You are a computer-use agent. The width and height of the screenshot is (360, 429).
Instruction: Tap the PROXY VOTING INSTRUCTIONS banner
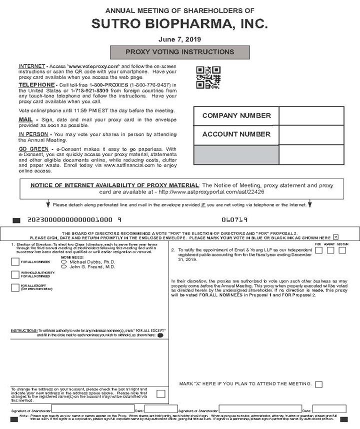coord(179,52)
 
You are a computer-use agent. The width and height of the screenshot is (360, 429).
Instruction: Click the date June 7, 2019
coord(179,39)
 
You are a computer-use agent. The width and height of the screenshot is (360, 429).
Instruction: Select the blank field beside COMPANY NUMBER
coord(311,116)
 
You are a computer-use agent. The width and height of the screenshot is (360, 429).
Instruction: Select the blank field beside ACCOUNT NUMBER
coord(311,134)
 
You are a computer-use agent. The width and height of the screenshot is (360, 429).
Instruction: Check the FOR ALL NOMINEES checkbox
coord(15,261)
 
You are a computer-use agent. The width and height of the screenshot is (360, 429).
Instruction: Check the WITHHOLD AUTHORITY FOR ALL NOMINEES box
coord(15,274)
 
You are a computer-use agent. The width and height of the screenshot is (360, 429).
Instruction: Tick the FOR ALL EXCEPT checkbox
coord(15,287)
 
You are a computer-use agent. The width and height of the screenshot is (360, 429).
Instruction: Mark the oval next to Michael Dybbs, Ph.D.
coord(64,261)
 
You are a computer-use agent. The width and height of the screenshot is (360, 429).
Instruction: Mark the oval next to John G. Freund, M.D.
coord(64,267)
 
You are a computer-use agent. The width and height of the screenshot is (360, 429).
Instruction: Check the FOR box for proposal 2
coord(318,250)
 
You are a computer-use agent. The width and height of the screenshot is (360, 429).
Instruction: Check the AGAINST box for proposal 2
coord(330,250)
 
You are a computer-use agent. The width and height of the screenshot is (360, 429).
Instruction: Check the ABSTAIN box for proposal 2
coord(342,250)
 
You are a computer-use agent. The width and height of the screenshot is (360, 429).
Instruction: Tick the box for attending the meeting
coord(318,384)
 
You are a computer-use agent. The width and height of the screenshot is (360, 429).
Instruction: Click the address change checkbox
coord(160,393)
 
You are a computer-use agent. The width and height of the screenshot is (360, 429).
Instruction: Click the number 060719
coord(234,219)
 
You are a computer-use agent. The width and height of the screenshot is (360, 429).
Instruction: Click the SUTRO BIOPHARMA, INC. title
coord(179,23)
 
